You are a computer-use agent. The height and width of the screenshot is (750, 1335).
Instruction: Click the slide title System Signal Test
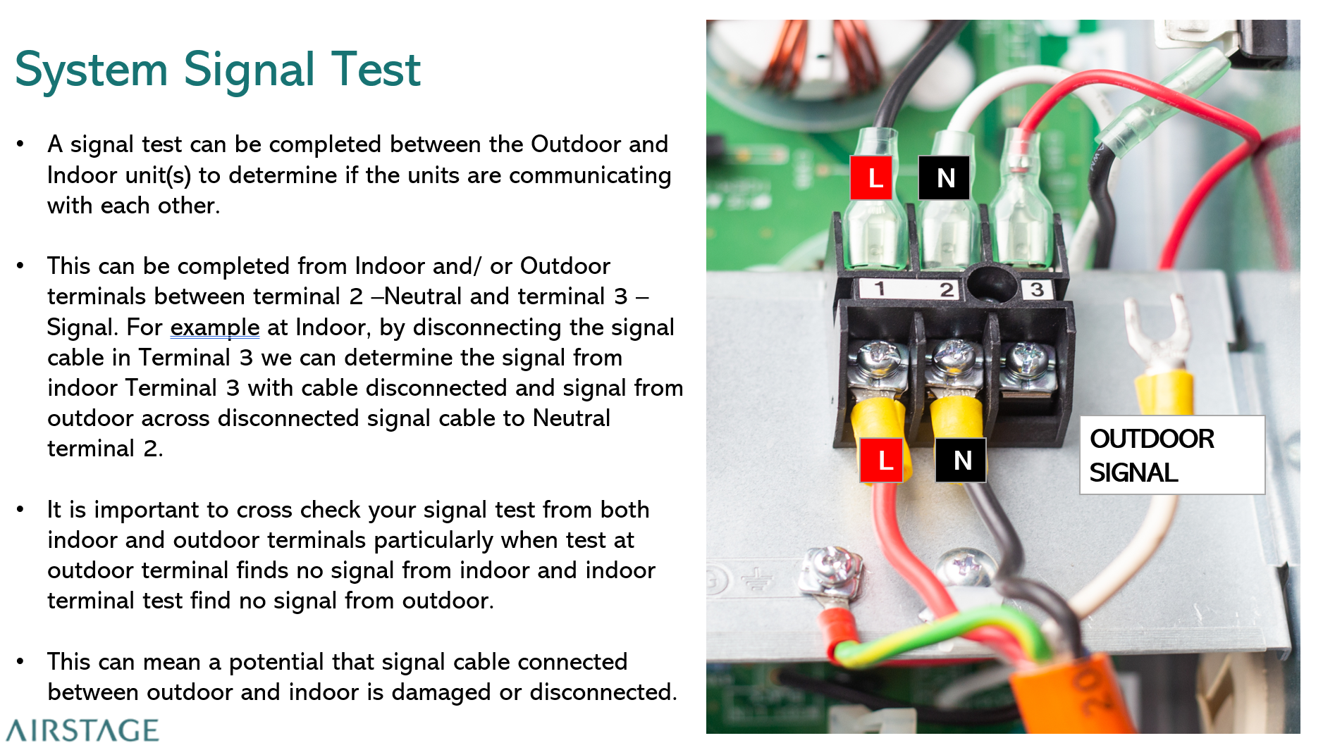pyautogui.click(x=217, y=70)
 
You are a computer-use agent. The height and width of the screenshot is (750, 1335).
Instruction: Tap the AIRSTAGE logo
pyautogui.click(x=82, y=730)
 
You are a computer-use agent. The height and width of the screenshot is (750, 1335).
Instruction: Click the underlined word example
pyautogui.click(x=214, y=327)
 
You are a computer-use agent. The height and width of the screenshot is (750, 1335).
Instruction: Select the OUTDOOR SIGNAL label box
pyautogui.click(x=1171, y=455)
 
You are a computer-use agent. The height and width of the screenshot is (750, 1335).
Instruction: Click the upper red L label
pyautogui.click(x=871, y=177)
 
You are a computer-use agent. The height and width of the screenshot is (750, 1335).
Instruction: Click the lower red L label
pyautogui.click(x=881, y=461)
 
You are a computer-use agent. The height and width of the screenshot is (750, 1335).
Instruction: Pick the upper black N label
pyautogui.click(x=944, y=177)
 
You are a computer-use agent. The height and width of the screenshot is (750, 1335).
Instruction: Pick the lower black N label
pyautogui.click(x=960, y=461)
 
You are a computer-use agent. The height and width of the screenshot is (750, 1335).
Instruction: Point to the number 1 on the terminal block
pyautogui.click(x=879, y=288)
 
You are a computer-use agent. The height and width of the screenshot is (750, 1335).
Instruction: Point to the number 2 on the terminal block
pyautogui.click(x=946, y=289)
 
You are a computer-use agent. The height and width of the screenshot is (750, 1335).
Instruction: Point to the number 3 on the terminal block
pyautogui.click(x=1036, y=289)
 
